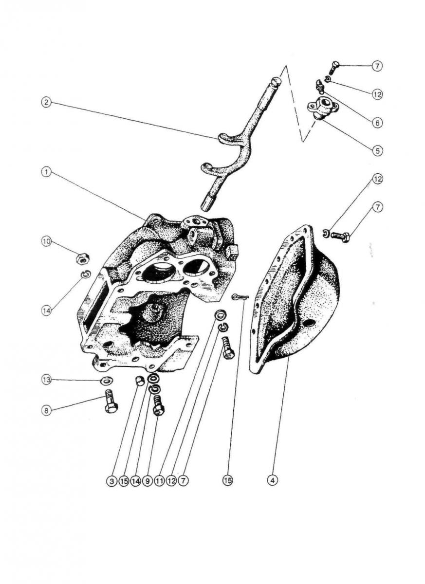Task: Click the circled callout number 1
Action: pyautogui.click(x=46, y=173)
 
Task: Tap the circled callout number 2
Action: pyautogui.click(x=46, y=102)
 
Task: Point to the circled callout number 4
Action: pyautogui.click(x=272, y=480)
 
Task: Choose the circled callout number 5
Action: pyautogui.click(x=377, y=151)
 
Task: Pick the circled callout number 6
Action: pyautogui.click(x=377, y=122)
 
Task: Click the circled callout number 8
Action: pyautogui.click(x=46, y=411)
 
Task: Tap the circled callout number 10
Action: pyautogui.click(x=46, y=241)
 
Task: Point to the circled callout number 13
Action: pyautogui.click(x=46, y=380)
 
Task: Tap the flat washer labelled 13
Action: pyautogui.click(x=107, y=381)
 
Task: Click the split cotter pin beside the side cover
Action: pyautogui.click(x=240, y=296)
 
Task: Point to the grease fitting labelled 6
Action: pyautogui.click(x=320, y=87)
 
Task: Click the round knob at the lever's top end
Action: pyautogui.click(x=276, y=82)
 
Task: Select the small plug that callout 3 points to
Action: pyautogui.click(x=140, y=381)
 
